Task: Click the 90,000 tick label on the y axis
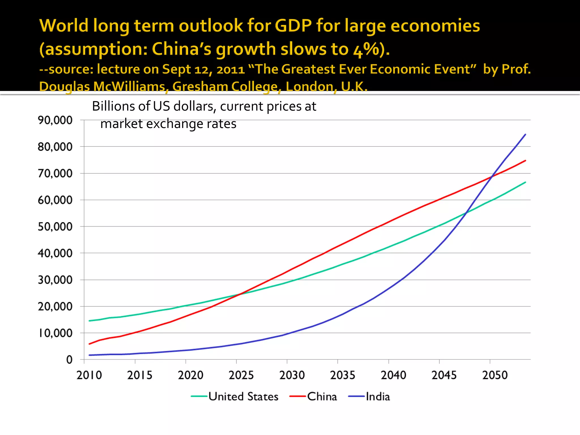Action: pyautogui.click(x=55, y=120)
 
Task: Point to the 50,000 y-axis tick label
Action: pyautogui.click(x=55, y=227)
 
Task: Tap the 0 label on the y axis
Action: pyautogui.click(x=69, y=360)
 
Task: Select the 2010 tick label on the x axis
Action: pyautogui.click(x=89, y=375)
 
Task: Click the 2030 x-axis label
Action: pyautogui.click(x=292, y=375)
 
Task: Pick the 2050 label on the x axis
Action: pyautogui.click(x=495, y=375)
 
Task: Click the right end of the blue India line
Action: pyautogui.click(x=526, y=134)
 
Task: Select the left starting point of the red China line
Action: pyautogui.click(x=89, y=344)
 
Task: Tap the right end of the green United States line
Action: pyautogui.click(x=526, y=182)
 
